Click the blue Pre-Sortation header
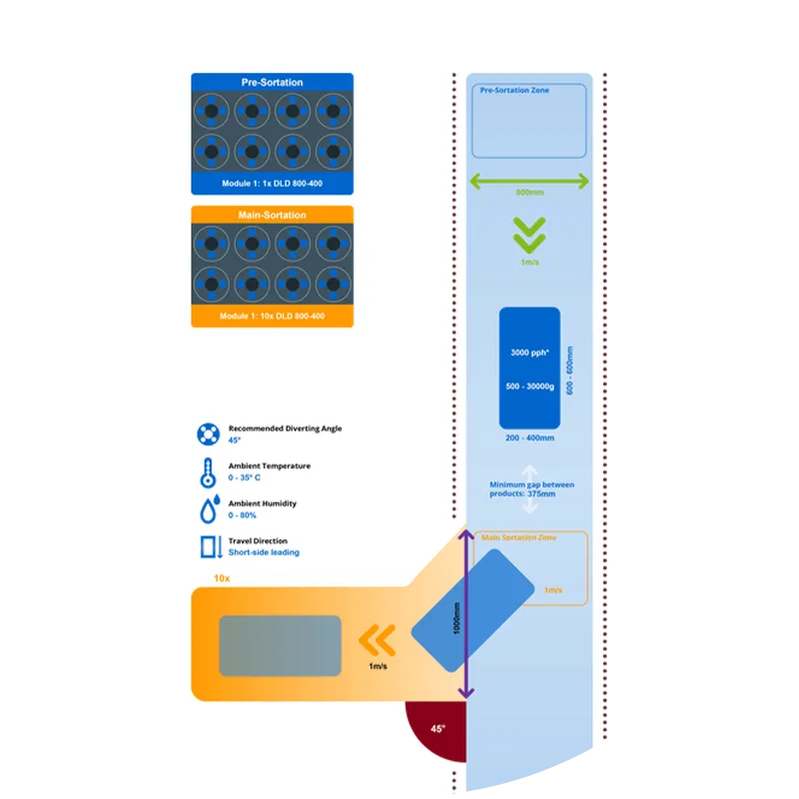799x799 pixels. [x=272, y=82]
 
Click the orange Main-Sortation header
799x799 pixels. [x=272, y=215]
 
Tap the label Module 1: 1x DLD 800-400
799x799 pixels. [x=272, y=185]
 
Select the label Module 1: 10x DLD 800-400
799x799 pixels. [x=272, y=318]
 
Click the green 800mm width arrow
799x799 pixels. [x=529, y=180]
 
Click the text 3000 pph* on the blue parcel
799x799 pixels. [x=529, y=353]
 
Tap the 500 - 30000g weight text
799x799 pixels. [x=529, y=387]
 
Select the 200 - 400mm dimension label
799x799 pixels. [x=529, y=437]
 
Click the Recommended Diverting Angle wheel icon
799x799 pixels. [x=208, y=433]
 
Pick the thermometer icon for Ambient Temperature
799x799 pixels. [x=208, y=471]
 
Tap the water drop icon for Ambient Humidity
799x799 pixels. [x=208, y=510]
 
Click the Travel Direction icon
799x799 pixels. [x=208, y=547]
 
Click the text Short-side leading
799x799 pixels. [x=264, y=552]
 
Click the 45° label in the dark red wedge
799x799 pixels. [x=437, y=729]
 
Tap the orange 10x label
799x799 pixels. [x=222, y=577]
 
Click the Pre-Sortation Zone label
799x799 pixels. [x=514, y=91]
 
